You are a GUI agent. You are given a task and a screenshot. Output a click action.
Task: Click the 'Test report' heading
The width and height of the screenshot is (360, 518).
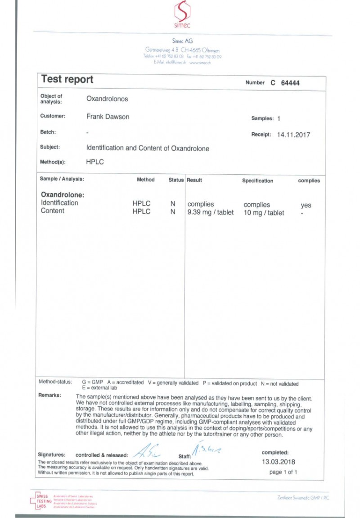(x=67, y=79)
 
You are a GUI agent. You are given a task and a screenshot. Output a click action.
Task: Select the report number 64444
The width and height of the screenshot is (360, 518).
(x=290, y=83)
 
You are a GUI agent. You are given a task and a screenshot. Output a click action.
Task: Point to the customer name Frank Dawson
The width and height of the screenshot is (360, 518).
(x=108, y=117)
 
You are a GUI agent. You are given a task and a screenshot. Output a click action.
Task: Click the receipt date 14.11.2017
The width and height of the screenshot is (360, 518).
(x=293, y=134)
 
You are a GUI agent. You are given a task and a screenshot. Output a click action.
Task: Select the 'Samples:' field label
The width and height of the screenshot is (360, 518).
(x=262, y=118)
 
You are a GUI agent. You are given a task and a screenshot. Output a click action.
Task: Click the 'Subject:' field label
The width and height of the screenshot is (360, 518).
(x=50, y=147)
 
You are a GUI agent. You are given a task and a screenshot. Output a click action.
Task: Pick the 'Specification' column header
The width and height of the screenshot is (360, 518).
(x=257, y=181)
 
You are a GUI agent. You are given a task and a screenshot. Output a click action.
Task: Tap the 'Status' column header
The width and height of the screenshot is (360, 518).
(x=176, y=180)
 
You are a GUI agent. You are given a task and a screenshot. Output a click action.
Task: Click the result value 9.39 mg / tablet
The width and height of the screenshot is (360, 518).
(x=210, y=213)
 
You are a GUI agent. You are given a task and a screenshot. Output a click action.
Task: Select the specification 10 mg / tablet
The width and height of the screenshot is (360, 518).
(x=264, y=213)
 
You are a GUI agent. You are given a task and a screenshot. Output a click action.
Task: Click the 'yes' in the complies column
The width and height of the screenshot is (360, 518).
(x=306, y=205)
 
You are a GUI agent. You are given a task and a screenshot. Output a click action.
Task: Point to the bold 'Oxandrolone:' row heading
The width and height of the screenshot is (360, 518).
(x=63, y=195)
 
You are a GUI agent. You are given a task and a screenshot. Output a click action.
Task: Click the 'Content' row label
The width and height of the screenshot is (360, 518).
(x=53, y=211)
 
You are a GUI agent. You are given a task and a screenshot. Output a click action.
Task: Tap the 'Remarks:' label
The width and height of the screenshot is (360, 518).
(x=51, y=395)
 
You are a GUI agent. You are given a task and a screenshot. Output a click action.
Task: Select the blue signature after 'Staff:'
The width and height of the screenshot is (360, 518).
(x=207, y=448)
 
